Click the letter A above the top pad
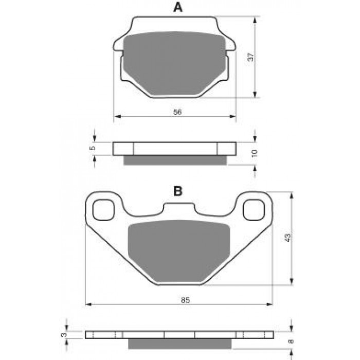click(x=178, y=8)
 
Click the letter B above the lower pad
click(x=178, y=191)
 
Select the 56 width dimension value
click(x=177, y=112)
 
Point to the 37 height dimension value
click(x=251, y=57)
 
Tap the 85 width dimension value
click(x=185, y=300)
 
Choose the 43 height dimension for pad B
click(x=287, y=238)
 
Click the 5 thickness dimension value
click(x=92, y=148)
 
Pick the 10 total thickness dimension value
click(x=255, y=153)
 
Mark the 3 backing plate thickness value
click(x=64, y=335)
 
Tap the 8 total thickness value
click(x=291, y=341)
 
